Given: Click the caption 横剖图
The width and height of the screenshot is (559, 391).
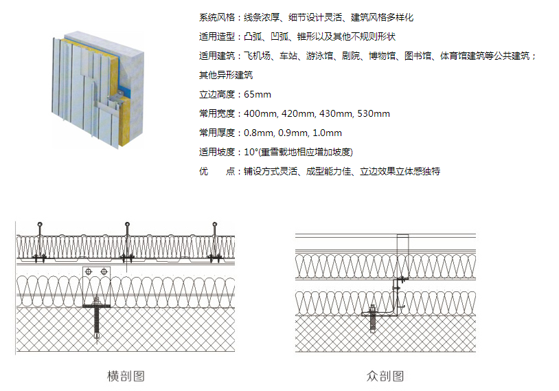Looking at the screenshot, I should [x=126, y=376].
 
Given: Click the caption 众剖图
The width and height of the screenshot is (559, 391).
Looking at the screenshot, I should [x=385, y=376].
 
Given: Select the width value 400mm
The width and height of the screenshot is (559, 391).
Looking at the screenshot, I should [x=260, y=113].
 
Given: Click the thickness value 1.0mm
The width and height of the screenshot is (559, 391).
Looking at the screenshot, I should [x=327, y=133].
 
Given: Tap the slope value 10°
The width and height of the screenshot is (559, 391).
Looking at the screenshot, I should [x=251, y=152].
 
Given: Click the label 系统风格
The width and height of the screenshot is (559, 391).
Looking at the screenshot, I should [x=216, y=17].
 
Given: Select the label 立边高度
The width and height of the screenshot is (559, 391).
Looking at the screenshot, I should [x=216, y=94].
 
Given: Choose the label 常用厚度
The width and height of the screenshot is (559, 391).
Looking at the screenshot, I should [x=216, y=133].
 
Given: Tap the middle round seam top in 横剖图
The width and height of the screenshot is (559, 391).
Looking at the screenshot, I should [x=127, y=224].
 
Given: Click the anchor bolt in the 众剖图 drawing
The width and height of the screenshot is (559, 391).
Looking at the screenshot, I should [x=373, y=318].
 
